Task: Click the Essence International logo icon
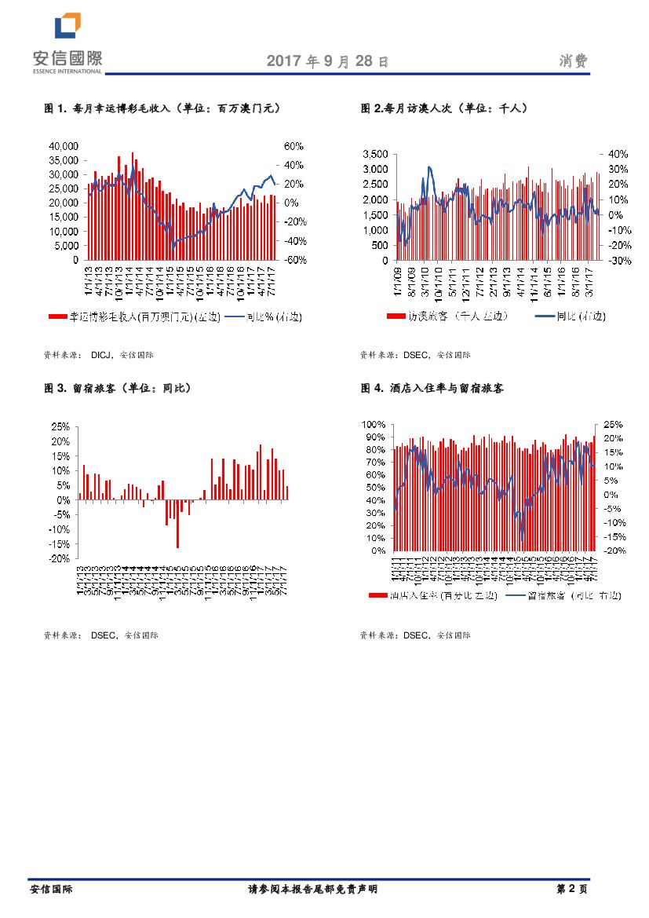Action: coord(67,26)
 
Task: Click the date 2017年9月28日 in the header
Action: coord(327,61)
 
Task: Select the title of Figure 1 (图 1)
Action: coord(162,108)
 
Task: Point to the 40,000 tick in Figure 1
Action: coord(64,146)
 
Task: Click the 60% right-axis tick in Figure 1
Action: coord(294,146)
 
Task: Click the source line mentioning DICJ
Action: coord(99,355)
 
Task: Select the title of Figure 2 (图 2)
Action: coord(444,108)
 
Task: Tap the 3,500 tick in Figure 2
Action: coord(374,154)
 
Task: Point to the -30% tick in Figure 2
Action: coord(614,260)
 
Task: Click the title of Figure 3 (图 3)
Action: coord(117,388)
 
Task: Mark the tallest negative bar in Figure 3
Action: coord(178,524)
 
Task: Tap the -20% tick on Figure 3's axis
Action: coord(60,558)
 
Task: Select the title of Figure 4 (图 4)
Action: coord(432,388)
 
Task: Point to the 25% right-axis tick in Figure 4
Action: coord(614,425)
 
